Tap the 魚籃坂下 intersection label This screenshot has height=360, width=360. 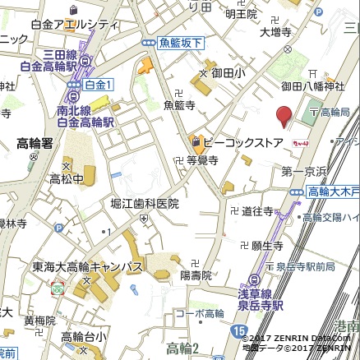[x=179, y=43]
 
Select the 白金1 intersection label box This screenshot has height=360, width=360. [x=99, y=84]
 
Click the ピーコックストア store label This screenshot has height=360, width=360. [x=244, y=142]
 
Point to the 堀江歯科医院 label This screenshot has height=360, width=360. [x=145, y=203]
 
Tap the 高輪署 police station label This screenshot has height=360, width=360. [x=35, y=143]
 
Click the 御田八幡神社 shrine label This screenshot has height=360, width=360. [x=313, y=85]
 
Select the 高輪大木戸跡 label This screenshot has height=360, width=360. [x=334, y=192]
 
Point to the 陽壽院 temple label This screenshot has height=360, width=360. [x=196, y=275]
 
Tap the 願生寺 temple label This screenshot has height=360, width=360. [x=267, y=245]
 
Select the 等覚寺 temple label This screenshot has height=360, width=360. [x=201, y=161]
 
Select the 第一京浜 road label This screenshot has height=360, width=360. [x=304, y=171]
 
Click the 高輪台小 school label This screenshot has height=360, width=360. [x=84, y=336]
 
